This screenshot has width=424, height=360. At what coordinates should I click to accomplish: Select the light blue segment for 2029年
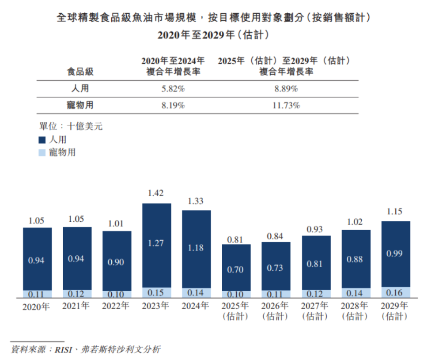[x=395, y=292]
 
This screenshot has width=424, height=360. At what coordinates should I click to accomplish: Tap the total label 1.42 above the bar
[x=156, y=193]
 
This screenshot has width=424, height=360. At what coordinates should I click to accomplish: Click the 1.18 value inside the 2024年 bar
[x=196, y=248]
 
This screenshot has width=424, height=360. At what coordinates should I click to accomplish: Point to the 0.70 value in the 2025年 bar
[x=236, y=269]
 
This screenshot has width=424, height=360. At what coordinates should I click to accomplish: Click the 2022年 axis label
[x=117, y=306]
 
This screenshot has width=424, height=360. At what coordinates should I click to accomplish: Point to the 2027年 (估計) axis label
[x=315, y=311]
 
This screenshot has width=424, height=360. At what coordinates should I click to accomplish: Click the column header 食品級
[x=80, y=72]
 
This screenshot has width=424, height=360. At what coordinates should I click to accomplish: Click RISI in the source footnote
[x=63, y=350]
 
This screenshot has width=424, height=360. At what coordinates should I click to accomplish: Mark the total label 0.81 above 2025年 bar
[x=236, y=239]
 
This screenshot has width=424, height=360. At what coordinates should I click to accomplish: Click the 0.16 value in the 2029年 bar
[x=395, y=292]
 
